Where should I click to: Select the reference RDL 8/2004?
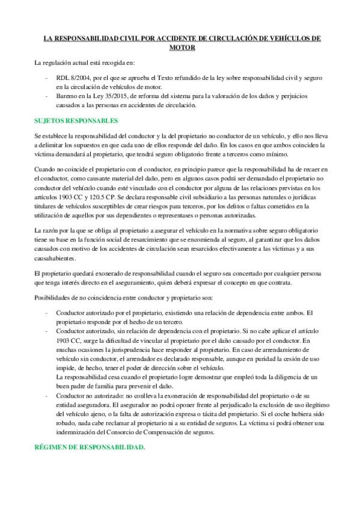point(71,78)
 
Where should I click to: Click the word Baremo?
point(67,96)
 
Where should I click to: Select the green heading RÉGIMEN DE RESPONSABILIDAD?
point(90,448)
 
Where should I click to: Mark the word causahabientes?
point(55,259)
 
